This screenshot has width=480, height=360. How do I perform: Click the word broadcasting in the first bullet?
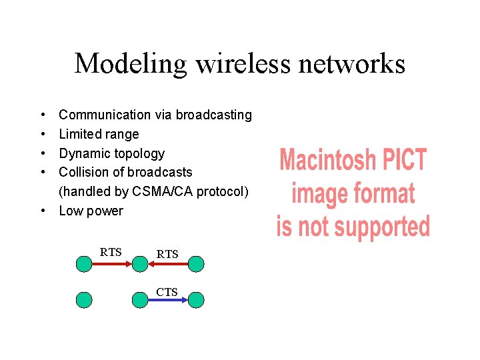(x=213, y=115)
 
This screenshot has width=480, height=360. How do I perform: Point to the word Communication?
(x=105, y=115)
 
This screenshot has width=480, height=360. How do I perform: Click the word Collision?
(x=83, y=173)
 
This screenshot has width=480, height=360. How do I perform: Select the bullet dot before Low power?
(x=42, y=211)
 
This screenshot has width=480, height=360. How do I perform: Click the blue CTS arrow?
(x=168, y=300)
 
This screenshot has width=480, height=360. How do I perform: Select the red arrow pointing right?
(x=111, y=264)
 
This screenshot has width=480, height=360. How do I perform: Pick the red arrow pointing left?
(x=168, y=264)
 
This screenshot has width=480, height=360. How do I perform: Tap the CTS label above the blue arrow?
(x=167, y=291)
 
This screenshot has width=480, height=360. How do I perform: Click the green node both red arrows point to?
(x=140, y=264)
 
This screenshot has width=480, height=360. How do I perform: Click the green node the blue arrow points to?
(x=196, y=300)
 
